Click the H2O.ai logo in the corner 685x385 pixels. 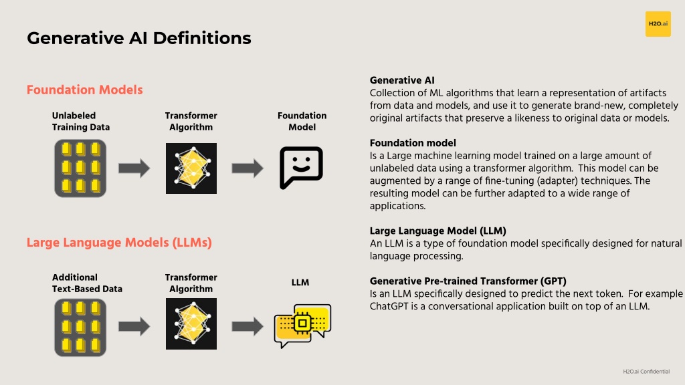click(658, 24)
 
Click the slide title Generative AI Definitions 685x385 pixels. click(139, 38)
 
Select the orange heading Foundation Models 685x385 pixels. click(85, 90)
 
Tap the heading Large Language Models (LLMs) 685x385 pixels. click(119, 243)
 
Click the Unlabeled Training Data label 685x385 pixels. click(81, 122)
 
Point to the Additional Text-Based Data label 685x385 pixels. click(87, 283)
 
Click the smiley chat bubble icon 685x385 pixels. click(301, 168)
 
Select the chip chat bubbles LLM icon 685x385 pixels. click(302, 326)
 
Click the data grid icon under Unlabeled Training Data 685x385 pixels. click(80, 168)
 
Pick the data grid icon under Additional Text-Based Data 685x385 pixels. click(80, 328)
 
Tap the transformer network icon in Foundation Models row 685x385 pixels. click(191, 168)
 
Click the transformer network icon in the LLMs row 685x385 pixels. click(191, 324)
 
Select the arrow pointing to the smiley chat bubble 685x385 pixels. click(248, 168)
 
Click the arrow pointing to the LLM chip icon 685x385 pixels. click(248, 326)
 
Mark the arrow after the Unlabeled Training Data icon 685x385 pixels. click(134, 168)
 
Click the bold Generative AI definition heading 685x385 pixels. click(402, 80)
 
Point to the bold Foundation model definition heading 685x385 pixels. click(413, 143)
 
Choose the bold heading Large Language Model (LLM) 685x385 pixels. click(437, 231)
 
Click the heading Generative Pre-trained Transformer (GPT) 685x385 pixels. click(468, 281)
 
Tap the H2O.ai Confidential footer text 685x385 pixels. click(646, 372)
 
